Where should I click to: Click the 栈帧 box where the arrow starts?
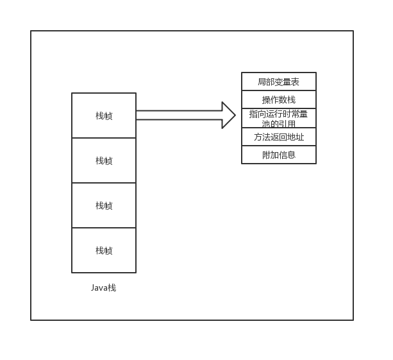coord(104,116)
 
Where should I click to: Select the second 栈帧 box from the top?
coord(104,160)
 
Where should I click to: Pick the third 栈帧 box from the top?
coord(104,205)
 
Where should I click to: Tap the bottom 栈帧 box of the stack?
coord(104,250)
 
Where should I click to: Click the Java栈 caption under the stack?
coord(104,287)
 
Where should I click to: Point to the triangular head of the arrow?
coord(228,116)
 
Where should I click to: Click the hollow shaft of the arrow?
coord(180,116)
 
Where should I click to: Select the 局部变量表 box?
coord(278,81)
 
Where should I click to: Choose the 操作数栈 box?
coord(278,99)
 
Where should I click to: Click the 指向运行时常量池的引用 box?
coord(278,119)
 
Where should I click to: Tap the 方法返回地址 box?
coord(278,137)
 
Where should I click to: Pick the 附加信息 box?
coord(278,155)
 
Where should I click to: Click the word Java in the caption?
coord(99,287)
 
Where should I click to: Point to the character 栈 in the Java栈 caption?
coord(112,287)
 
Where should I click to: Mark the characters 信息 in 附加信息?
coord(287,155)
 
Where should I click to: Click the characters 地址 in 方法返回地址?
coord(296,137)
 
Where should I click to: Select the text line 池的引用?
coord(278,124)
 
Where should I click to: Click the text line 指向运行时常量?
coord(278,114)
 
